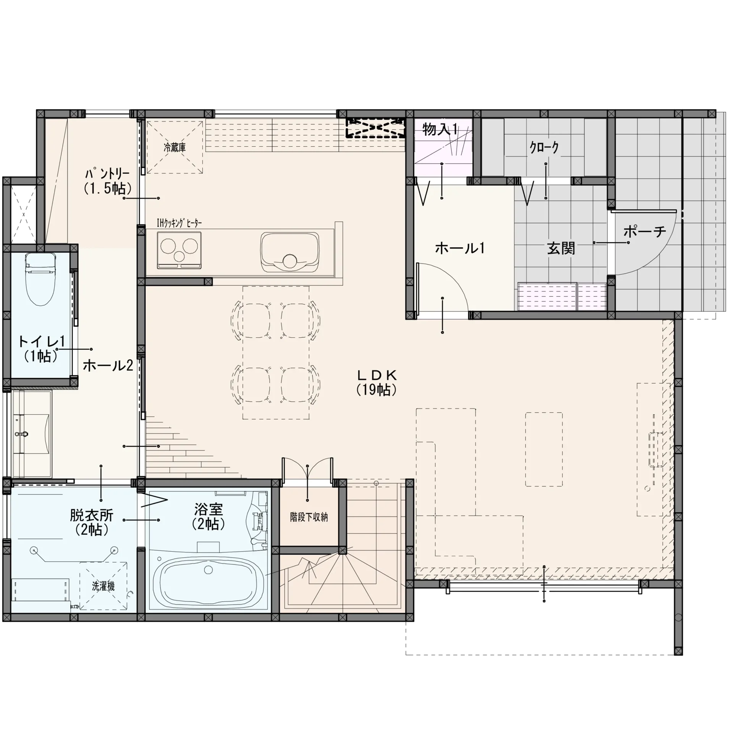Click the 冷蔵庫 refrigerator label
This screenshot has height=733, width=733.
174,148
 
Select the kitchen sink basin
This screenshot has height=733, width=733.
289,252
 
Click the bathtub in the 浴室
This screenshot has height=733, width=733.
208,580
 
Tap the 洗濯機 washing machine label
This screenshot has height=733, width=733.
103,586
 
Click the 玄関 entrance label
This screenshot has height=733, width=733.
561,249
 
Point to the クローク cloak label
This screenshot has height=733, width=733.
544,147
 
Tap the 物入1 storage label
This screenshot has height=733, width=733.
440,130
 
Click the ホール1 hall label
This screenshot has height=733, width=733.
460,249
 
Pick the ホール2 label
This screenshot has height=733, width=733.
108,365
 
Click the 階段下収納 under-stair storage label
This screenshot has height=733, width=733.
309,517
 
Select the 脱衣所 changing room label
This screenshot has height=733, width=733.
92,522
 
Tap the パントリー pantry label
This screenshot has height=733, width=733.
107,182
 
